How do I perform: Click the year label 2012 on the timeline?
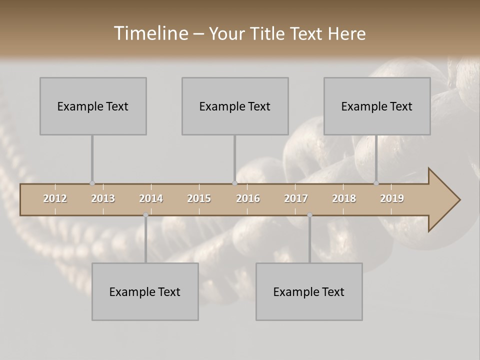tap(55, 198)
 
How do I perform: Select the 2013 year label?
tap(103, 198)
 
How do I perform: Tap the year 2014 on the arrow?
tap(151, 198)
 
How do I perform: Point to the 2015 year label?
tap(199, 198)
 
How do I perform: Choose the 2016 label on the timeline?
tap(248, 198)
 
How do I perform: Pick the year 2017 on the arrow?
tap(296, 198)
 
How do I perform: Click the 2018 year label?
tap(344, 198)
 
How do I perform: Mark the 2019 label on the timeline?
tap(392, 198)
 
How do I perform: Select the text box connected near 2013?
tap(93, 106)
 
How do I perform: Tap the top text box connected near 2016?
tap(235, 106)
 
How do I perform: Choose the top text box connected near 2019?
tap(377, 106)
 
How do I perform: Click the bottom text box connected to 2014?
tap(145, 291)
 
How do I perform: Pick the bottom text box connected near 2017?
tap(309, 291)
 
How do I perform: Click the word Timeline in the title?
tap(150, 33)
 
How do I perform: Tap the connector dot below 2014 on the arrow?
tap(145, 215)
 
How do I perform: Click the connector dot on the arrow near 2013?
tap(92, 183)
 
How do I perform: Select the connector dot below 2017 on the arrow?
tap(309, 215)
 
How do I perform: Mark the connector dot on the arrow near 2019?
tap(376, 183)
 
